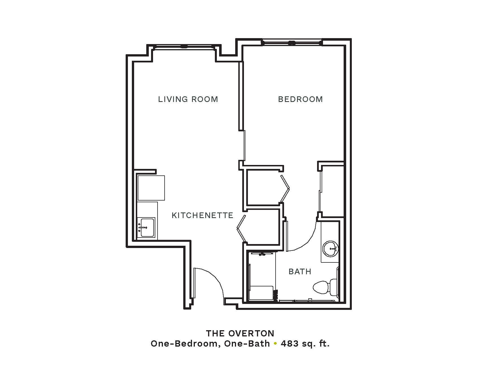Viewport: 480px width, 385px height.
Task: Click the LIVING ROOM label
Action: (188, 99)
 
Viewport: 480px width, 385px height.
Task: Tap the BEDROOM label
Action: (300, 99)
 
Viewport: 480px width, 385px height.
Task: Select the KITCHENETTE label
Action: (202, 216)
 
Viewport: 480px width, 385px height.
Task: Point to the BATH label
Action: (300, 272)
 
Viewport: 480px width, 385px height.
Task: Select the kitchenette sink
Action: (146, 227)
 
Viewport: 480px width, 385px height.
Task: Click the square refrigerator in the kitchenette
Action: (151, 188)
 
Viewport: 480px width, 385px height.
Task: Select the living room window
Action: (184, 47)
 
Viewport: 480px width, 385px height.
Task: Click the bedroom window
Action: (292, 43)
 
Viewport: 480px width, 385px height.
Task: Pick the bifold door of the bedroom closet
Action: (285, 188)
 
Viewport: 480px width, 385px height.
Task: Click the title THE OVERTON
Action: (240, 333)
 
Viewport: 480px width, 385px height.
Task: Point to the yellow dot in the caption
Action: (275, 344)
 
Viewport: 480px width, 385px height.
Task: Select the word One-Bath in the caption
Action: (247, 344)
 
